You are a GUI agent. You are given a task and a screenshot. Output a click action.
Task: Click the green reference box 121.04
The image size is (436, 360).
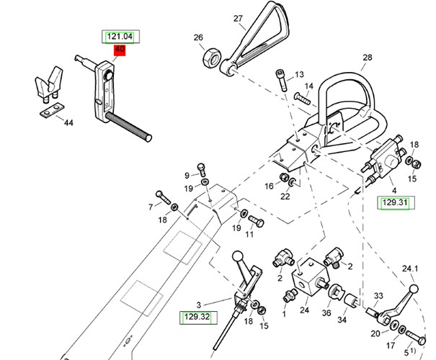click(120, 37)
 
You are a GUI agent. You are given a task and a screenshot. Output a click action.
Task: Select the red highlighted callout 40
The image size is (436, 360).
click(120, 50)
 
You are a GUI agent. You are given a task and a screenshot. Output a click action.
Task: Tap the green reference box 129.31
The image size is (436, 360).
click(395, 204)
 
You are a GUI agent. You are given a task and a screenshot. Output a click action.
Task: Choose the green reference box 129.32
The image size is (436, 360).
click(195, 315)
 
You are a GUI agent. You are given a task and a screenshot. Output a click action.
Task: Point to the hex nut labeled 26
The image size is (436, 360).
click(212, 57)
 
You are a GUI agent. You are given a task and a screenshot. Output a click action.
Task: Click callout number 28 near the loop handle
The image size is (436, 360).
click(367, 58)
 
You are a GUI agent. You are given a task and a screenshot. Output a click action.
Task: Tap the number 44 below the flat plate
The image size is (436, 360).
click(69, 123)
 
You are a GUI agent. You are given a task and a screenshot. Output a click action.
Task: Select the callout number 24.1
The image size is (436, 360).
click(410, 269)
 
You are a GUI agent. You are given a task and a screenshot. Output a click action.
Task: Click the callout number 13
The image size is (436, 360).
click(299, 74)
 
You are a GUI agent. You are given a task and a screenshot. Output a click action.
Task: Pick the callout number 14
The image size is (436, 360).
click(308, 86)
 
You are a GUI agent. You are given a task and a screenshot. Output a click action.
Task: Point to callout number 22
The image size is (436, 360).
click(285, 196)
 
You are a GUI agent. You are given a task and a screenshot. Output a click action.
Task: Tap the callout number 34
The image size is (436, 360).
click(342, 319)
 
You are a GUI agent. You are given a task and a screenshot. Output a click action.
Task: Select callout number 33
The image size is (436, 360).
click(378, 296)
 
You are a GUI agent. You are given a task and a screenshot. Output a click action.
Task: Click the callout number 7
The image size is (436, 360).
click(151, 207)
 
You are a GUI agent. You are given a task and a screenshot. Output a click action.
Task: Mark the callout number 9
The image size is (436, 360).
click(187, 174)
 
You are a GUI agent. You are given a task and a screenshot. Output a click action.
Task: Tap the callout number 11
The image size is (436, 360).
click(249, 235)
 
